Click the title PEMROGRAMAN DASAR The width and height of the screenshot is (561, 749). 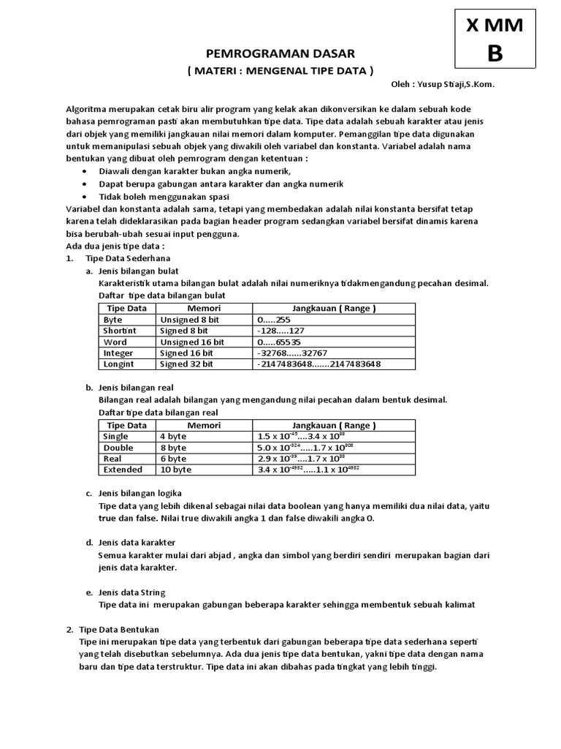click(280, 54)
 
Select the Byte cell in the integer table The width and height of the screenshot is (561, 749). click(113, 320)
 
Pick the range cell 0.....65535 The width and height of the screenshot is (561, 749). click(279, 342)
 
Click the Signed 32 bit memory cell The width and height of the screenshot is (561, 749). click(186, 364)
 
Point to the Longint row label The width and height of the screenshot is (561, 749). click(118, 364)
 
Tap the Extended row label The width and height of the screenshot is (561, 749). click(123, 469)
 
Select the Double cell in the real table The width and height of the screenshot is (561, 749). click(118, 447)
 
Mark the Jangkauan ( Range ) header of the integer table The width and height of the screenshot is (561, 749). click(334, 308)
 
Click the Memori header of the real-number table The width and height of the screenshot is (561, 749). click(204, 425)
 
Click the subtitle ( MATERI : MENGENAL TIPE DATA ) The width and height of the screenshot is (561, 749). click(280, 70)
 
